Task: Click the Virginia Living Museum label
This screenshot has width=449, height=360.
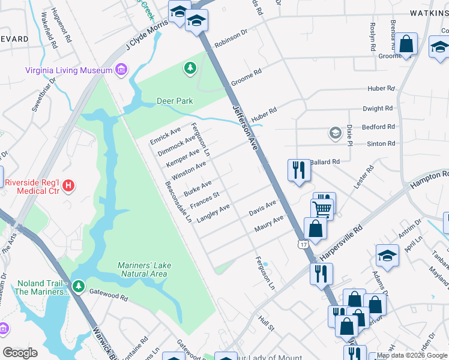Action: tap(68, 70)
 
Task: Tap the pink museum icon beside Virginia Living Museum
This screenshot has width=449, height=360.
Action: tap(121, 70)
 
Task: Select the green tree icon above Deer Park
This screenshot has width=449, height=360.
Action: tap(190, 68)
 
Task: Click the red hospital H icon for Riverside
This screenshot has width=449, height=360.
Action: tap(68, 186)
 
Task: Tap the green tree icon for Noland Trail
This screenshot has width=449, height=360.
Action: tap(77, 287)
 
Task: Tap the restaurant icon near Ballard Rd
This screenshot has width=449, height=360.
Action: tap(298, 170)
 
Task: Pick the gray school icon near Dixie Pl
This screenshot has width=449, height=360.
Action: tap(336, 133)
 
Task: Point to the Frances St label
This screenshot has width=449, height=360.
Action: tap(205, 201)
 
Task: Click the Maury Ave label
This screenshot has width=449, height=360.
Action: tap(268, 223)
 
